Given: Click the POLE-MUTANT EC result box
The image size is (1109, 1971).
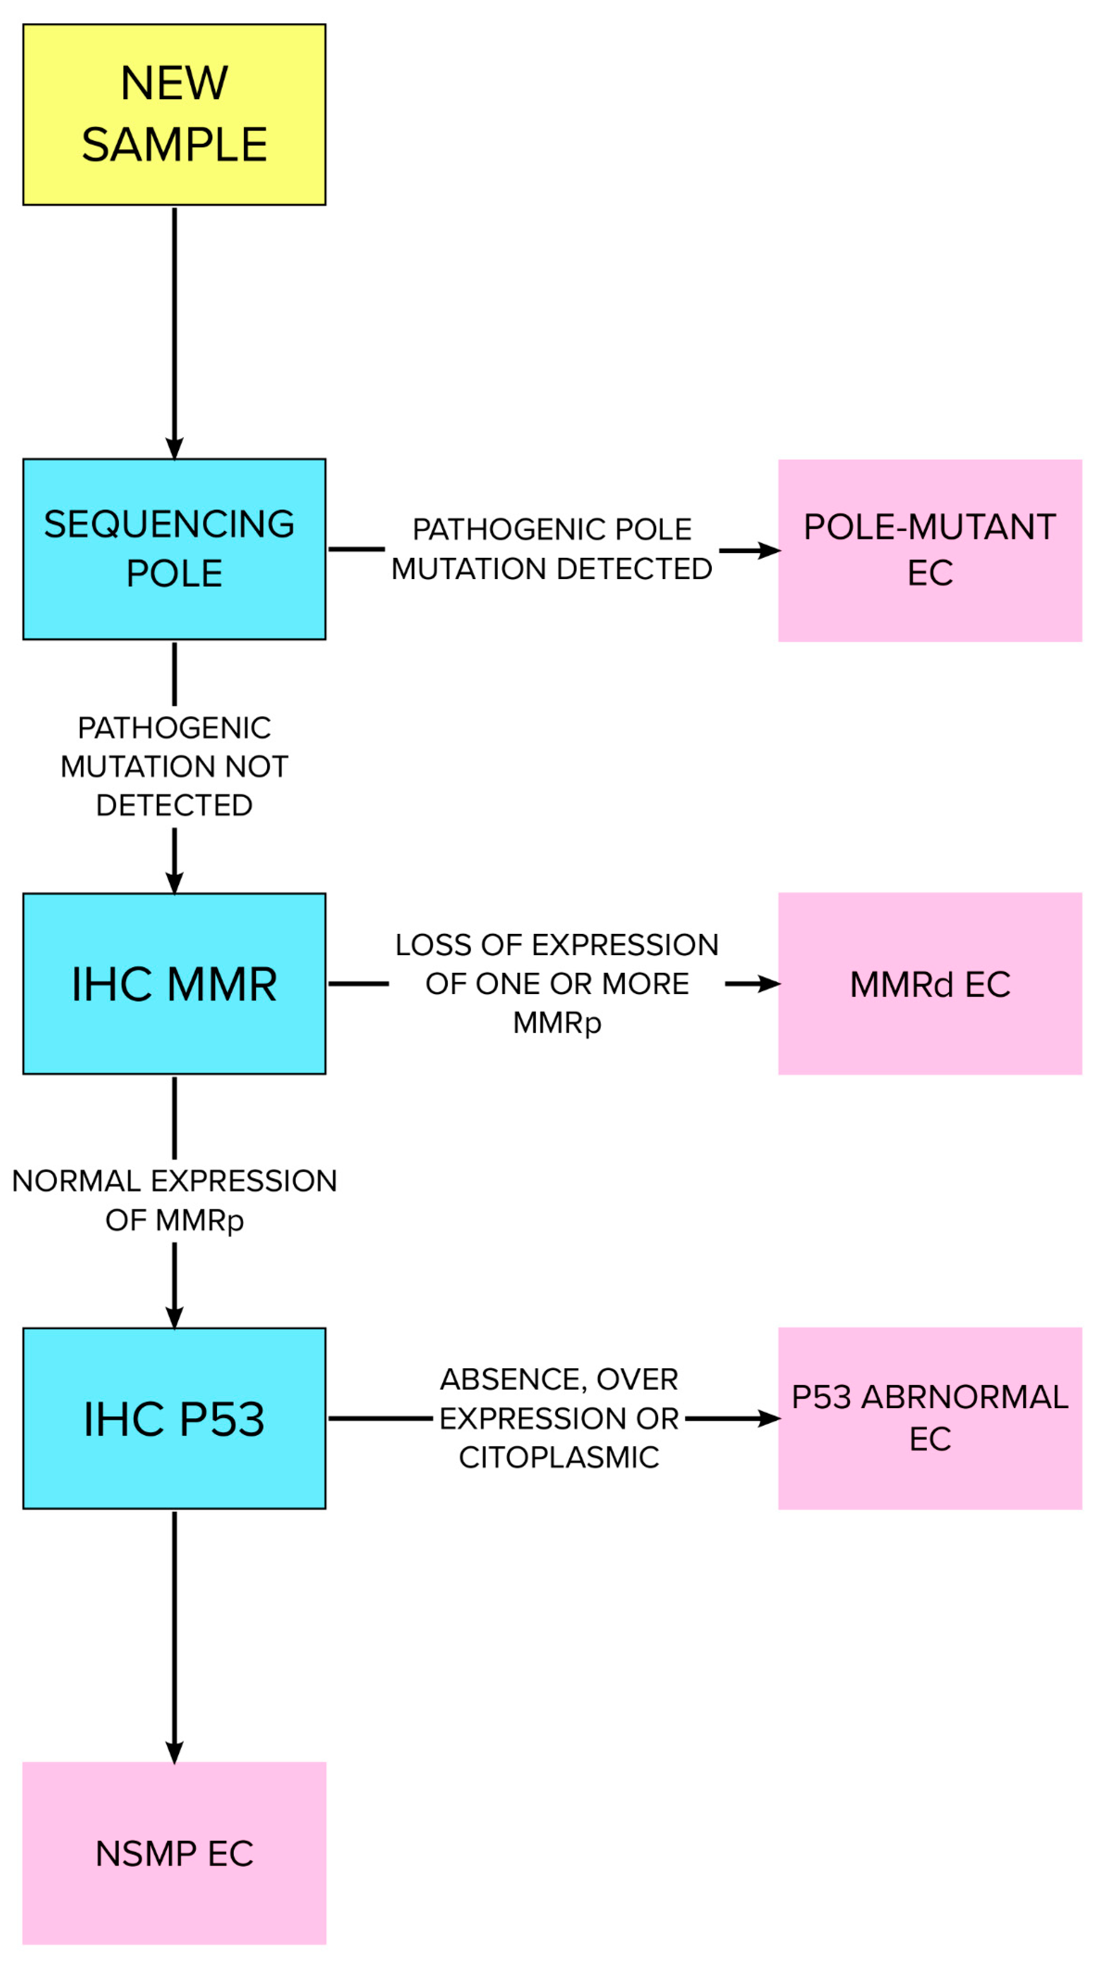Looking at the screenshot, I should (929, 550).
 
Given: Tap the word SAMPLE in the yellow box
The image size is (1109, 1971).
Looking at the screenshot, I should (175, 145).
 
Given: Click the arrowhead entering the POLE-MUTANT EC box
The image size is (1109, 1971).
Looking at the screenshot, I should (769, 550).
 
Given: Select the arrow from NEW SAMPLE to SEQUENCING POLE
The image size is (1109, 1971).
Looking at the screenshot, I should (175, 329).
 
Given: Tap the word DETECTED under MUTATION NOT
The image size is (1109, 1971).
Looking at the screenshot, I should (175, 805).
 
